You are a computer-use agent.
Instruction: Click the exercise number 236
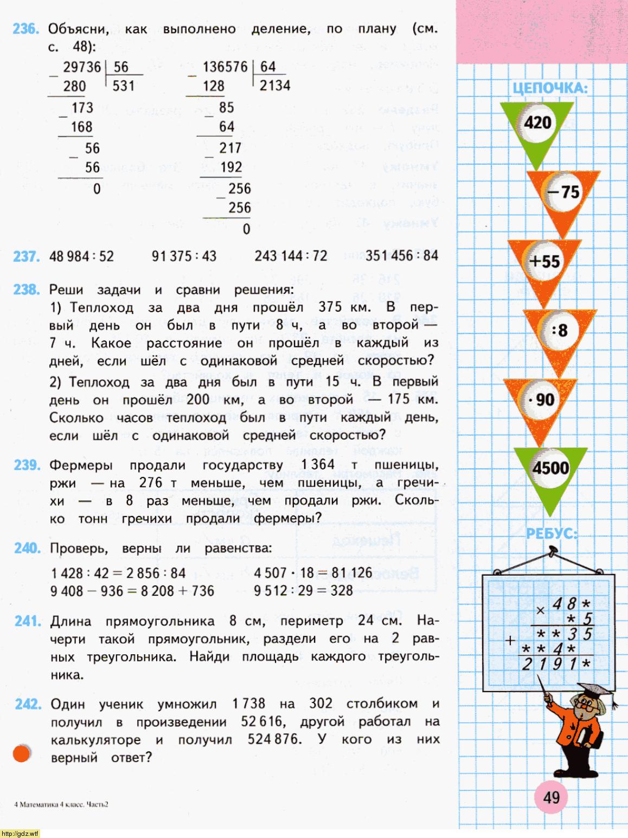pyautogui.click(x=25, y=29)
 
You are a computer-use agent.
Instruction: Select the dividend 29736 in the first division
pyautogui.click(x=82, y=67)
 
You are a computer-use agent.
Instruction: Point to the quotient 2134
pyautogui.click(x=275, y=86)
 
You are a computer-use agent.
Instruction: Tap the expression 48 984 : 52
pyautogui.click(x=81, y=256)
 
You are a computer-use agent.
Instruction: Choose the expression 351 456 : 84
pyautogui.click(x=401, y=255)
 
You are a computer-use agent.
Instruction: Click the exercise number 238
pyautogui.click(x=26, y=289)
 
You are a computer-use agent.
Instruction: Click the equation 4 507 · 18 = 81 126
pyautogui.click(x=313, y=573)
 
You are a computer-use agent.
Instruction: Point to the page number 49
pyautogui.click(x=551, y=797)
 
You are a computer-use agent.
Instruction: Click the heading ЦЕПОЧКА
pyautogui.click(x=550, y=89)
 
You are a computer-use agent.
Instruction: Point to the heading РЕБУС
pyautogui.click(x=552, y=534)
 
